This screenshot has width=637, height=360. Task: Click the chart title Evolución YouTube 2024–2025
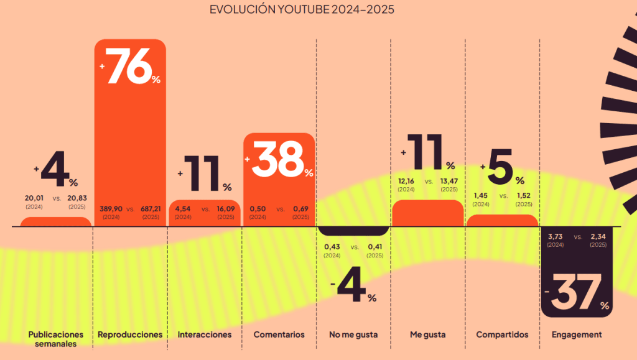pyautogui.click(x=301, y=10)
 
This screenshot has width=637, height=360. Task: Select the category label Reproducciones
pyautogui.click(x=130, y=335)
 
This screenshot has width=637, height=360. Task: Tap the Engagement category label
pyautogui.click(x=577, y=335)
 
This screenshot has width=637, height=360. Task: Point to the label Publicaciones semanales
pyautogui.click(x=56, y=339)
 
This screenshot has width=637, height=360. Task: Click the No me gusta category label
pyautogui.click(x=353, y=335)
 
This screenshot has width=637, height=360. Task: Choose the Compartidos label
pyautogui.click(x=502, y=335)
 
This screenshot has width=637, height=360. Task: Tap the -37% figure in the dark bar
pyautogui.click(x=577, y=292)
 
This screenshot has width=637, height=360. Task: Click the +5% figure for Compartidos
pyautogui.click(x=502, y=167)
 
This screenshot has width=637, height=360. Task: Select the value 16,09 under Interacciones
pyautogui.click(x=226, y=209)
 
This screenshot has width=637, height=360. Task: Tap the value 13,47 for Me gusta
pyautogui.click(x=449, y=182)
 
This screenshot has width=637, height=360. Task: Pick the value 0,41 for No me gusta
pyautogui.click(x=375, y=247)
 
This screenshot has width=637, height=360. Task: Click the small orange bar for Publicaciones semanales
pyautogui.click(x=56, y=222)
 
